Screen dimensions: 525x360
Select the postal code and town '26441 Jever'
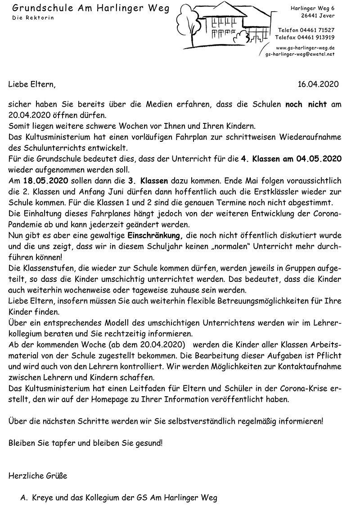[x=318, y=16]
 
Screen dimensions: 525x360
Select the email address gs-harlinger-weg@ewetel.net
[x=300, y=54]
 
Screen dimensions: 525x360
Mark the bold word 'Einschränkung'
[x=156, y=235]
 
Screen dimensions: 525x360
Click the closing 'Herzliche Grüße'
[x=38, y=475]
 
